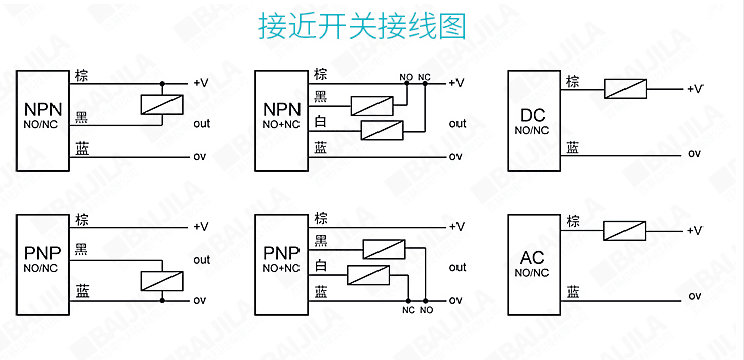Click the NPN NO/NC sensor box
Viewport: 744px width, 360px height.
tap(42, 116)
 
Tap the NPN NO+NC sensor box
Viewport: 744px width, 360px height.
tap(281, 116)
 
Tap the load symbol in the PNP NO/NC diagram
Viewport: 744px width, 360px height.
tap(160, 280)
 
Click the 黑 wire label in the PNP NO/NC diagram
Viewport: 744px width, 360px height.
tap(81, 246)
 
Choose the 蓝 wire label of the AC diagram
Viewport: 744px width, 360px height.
tap(572, 291)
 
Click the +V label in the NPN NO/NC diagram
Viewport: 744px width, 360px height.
tap(200, 82)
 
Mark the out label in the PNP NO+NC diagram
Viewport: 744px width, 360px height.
tap(457, 267)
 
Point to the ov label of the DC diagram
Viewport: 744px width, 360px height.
tap(694, 155)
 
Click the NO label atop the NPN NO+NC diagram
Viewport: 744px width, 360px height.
tap(406, 77)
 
